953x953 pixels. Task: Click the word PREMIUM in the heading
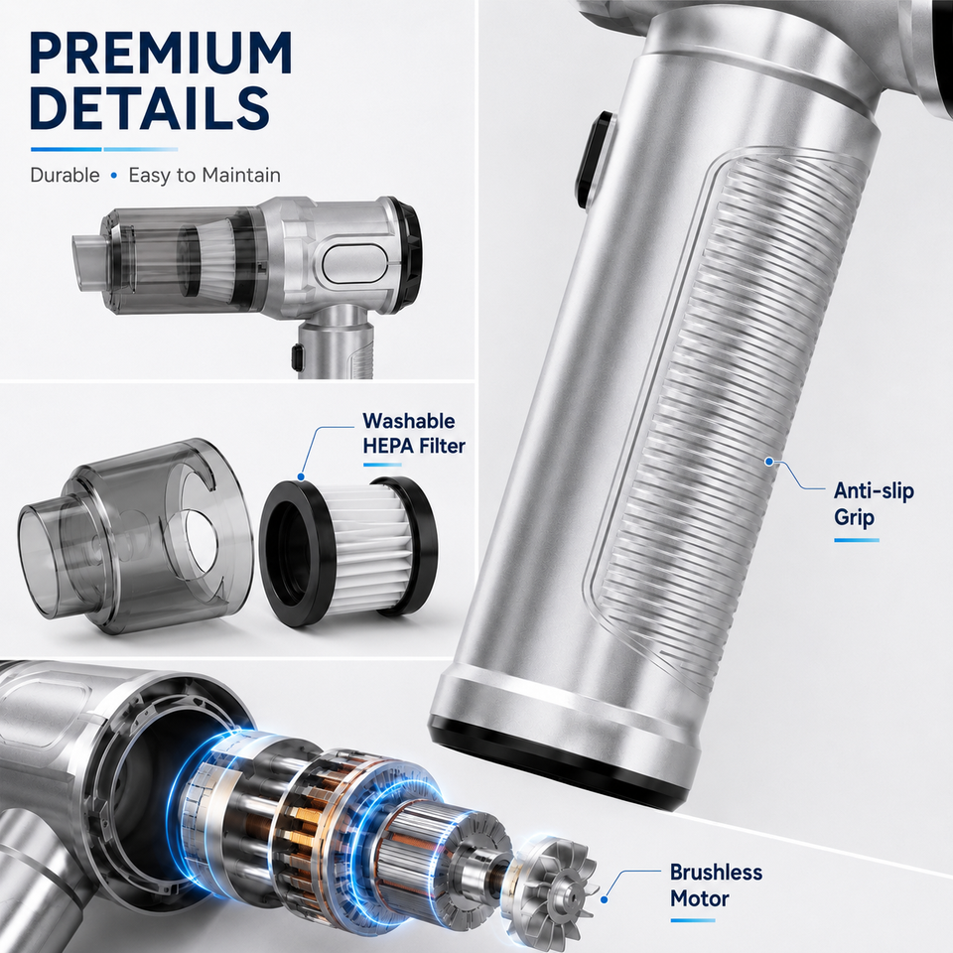tap(161, 53)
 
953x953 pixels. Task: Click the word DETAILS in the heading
tap(149, 107)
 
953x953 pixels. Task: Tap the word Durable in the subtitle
tap(66, 175)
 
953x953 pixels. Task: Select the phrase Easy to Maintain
tap(204, 176)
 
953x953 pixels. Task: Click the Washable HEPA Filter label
tap(413, 434)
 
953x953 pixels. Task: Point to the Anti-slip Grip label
tap(874, 504)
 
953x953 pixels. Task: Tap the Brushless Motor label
tap(716, 885)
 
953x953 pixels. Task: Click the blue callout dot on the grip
tap(769, 462)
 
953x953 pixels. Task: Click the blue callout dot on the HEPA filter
tap(301, 477)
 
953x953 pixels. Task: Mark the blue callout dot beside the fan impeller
tap(605, 899)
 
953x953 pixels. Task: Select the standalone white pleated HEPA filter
tap(348, 550)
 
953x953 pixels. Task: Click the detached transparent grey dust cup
tap(135, 535)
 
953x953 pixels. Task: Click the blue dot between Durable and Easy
tap(113, 176)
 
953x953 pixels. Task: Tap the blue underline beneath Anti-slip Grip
tap(857, 540)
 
